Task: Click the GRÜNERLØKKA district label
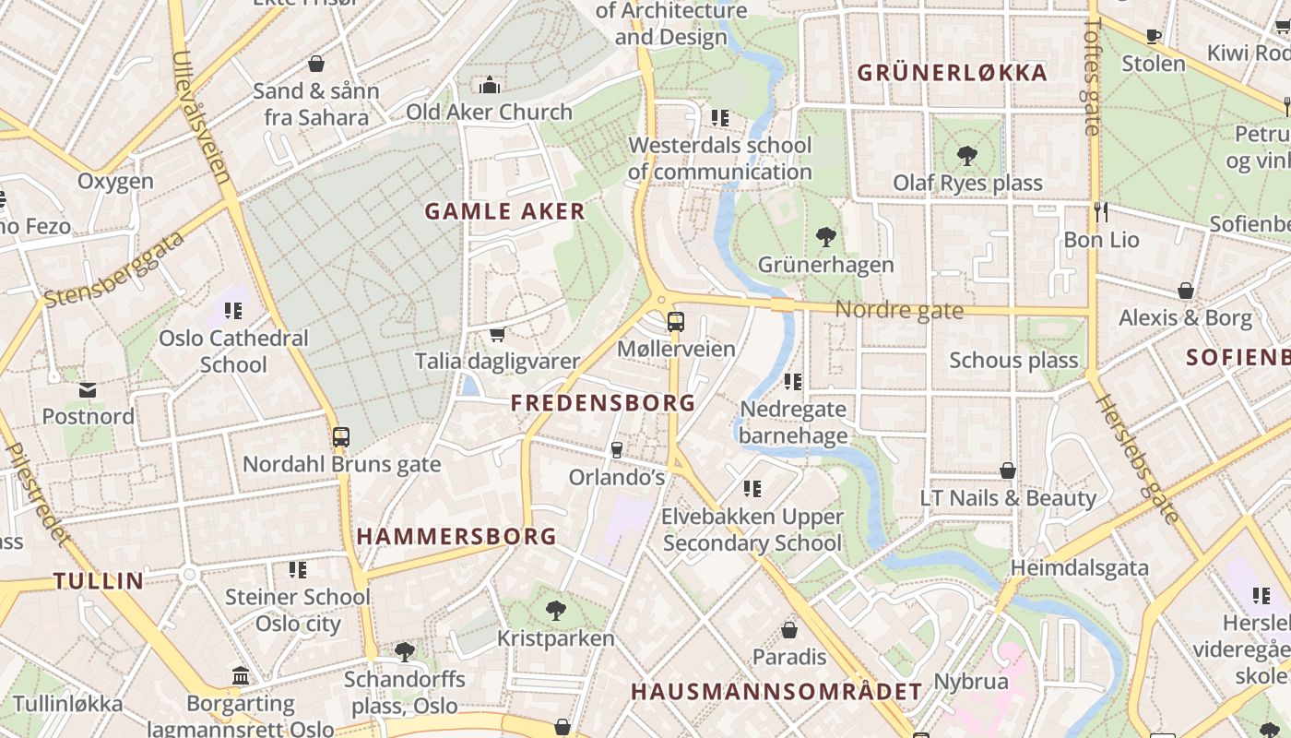pyautogui.click(x=953, y=73)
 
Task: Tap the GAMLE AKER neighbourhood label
pyautogui.click(x=504, y=211)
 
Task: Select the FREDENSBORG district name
pyautogui.click(x=603, y=403)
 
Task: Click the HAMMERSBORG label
pyautogui.click(x=456, y=536)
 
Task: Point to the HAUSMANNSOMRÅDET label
pyautogui.click(x=776, y=692)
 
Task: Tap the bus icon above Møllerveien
pyautogui.click(x=676, y=322)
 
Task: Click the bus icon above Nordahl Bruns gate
pyautogui.click(x=341, y=437)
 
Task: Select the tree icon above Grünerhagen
pyautogui.click(x=826, y=237)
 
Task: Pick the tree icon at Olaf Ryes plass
pyautogui.click(x=967, y=155)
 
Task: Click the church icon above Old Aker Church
pyautogui.click(x=490, y=86)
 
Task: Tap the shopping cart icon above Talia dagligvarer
pyautogui.click(x=497, y=334)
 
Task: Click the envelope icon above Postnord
pyautogui.click(x=88, y=390)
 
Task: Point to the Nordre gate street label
pyautogui.click(x=899, y=311)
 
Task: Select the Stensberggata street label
pyautogui.click(x=114, y=270)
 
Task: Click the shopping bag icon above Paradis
pyautogui.click(x=789, y=630)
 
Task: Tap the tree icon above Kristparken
pyautogui.click(x=555, y=610)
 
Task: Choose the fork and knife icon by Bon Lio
pyautogui.click(x=1100, y=212)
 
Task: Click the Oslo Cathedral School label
pyautogui.click(x=233, y=351)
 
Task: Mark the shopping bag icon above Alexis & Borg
pyautogui.click(x=1186, y=291)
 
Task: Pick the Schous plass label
pyautogui.click(x=1013, y=360)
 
